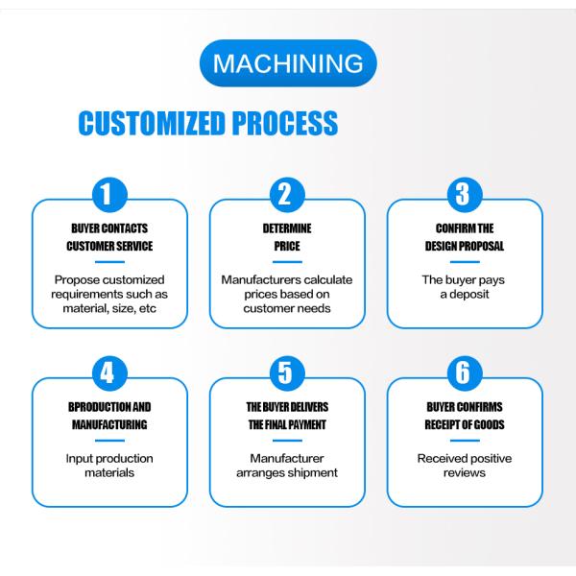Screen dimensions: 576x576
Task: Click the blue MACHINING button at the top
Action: [288, 64]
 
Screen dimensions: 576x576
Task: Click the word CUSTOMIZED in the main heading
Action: [150, 123]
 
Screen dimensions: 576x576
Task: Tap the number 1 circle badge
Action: [109, 195]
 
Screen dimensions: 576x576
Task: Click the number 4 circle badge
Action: [109, 372]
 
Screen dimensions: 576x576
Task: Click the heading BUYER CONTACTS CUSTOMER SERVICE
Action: [109, 238]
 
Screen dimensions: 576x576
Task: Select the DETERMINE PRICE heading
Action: [287, 238]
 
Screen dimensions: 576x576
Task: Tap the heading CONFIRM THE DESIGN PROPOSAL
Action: [465, 238]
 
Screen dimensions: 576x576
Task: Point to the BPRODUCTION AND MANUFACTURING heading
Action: [109, 416]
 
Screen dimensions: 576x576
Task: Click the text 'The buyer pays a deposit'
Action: [465, 287]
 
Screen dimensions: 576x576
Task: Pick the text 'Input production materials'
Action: [109, 466]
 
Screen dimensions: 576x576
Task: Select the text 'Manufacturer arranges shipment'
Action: [287, 466]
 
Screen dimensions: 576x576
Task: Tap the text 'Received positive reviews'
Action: [465, 466]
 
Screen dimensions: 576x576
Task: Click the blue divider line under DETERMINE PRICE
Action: [287, 261]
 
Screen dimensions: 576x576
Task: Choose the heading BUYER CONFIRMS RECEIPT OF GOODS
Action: [465, 416]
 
